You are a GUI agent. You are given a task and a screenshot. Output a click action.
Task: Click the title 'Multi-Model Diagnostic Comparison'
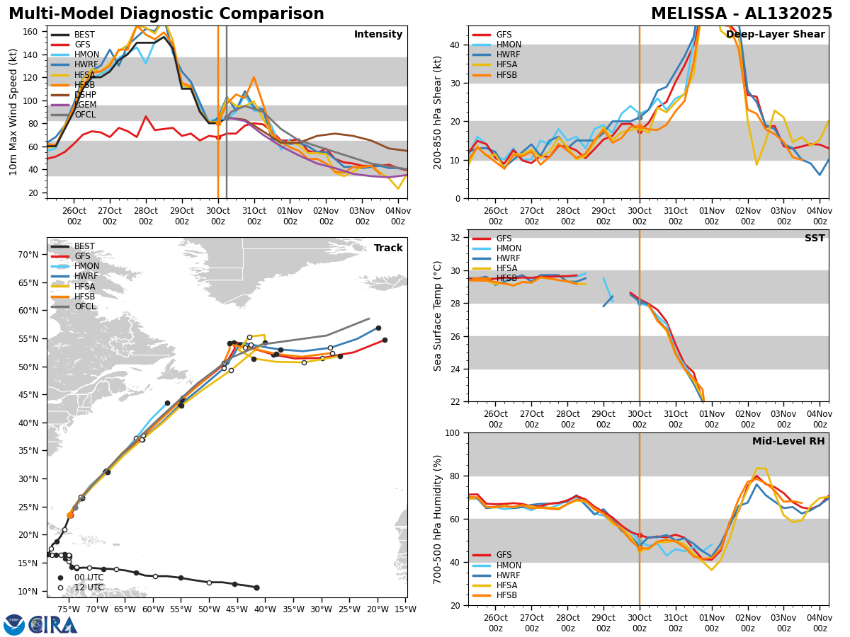pyautogui.click(x=166, y=14)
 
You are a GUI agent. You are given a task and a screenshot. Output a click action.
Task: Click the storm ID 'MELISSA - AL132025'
pyautogui.click(x=742, y=14)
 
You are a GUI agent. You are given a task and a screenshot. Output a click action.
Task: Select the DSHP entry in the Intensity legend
pyautogui.click(x=84, y=94)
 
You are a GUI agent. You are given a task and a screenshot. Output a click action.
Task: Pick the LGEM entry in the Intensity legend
pyautogui.click(x=84, y=104)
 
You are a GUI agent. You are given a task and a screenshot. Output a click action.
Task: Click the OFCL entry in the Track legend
pyautogui.click(x=84, y=306)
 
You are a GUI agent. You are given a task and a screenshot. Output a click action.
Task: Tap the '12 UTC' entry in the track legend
pyautogui.click(x=89, y=587)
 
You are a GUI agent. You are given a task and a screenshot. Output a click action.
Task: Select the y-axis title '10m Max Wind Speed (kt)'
pyautogui.click(x=13, y=112)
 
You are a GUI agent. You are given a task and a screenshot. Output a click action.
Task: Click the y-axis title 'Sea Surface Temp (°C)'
pyautogui.click(x=438, y=316)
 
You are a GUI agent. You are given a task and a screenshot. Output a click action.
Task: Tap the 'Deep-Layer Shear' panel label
pyautogui.click(x=776, y=35)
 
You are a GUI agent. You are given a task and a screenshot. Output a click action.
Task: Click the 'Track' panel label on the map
pyautogui.click(x=388, y=248)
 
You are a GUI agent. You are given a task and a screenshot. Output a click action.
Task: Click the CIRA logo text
pyautogui.click(x=53, y=624)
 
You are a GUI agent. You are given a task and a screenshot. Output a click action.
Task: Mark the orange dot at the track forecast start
pyautogui.click(x=70, y=515)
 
